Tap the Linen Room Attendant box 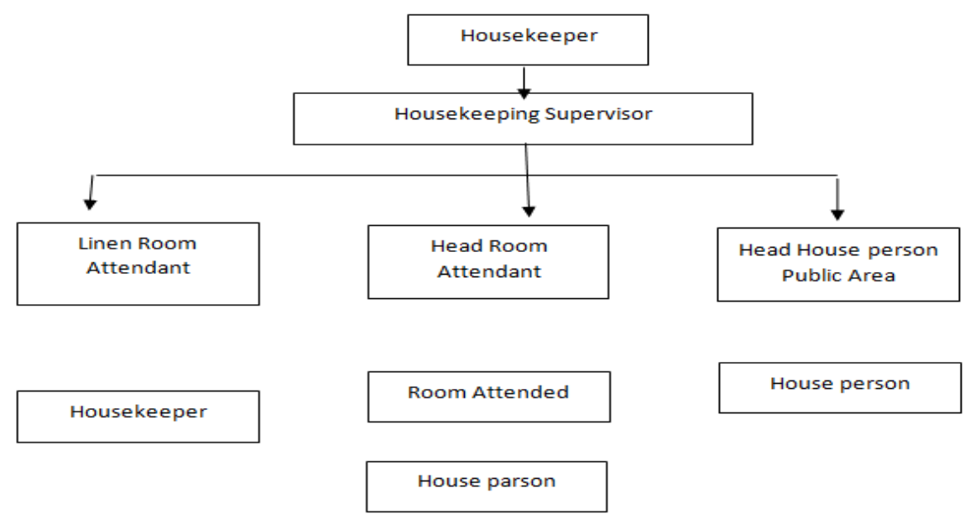(138, 263)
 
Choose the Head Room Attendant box (489, 261)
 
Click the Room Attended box (488, 396)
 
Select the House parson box (486, 485)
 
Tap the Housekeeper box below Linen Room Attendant (138, 416)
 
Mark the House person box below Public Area (840, 387)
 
